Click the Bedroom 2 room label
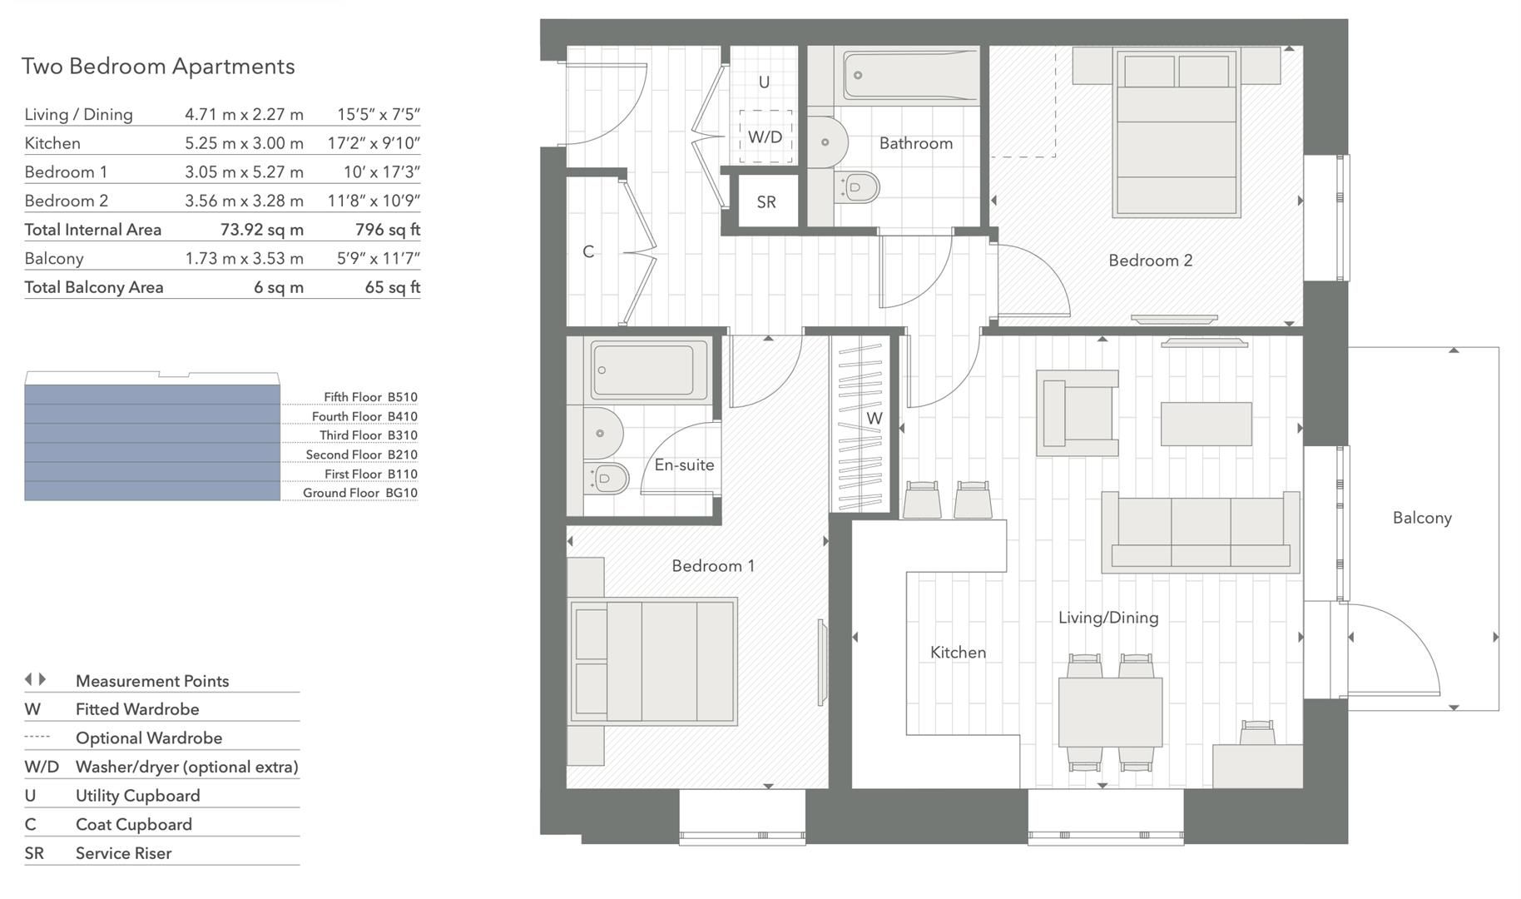click(1150, 261)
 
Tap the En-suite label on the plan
click(684, 465)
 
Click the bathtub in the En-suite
click(643, 370)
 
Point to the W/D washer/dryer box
click(765, 137)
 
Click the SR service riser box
click(766, 202)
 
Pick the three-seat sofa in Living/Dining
click(1200, 533)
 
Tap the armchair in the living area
click(1078, 414)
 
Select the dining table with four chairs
click(1110, 713)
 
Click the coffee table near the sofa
click(1206, 424)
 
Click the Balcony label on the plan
click(1422, 518)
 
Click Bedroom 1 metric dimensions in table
click(244, 172)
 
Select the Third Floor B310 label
click(368, 435)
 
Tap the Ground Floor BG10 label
click(359, 493)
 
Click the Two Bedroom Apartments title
click(158, 67)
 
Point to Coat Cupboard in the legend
click(133, 824)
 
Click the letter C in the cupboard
click(588, 251)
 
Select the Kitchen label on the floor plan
click(958, 653)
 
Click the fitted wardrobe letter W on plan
click(874, 419)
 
